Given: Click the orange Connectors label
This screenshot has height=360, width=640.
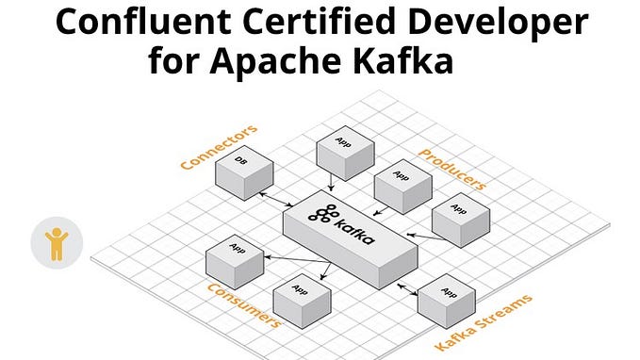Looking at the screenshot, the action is [219, 146].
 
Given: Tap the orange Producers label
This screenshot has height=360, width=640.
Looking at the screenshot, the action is [451, 168].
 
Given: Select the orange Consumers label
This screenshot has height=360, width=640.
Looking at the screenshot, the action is [243, 303].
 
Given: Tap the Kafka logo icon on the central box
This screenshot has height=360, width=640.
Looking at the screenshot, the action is [327, 216].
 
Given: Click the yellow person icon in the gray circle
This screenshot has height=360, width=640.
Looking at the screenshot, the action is [57, 242].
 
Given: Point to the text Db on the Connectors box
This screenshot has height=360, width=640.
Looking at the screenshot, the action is [240, 161].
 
